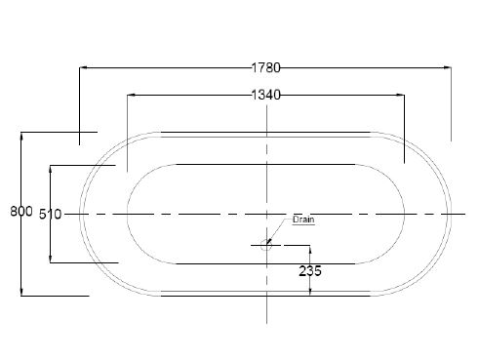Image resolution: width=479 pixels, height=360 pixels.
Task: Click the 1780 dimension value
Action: click(x=265, y=67)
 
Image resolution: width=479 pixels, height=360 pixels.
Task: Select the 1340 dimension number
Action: click(x=265, y=95)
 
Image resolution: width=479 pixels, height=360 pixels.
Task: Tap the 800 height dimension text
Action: click(x=21, y=212)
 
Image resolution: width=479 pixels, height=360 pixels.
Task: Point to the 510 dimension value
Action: click(x=51, y=215)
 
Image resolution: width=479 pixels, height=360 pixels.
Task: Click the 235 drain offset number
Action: click(x=310, y=271)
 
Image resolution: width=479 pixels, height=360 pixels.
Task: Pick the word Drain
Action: click(x=303, y=220)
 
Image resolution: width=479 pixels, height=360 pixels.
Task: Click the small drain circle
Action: click(x=266, y=245)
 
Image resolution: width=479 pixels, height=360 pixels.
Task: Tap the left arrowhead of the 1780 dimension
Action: click(x=83, y=67)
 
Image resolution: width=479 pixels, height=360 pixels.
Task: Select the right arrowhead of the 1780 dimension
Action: click(x=448, y=67)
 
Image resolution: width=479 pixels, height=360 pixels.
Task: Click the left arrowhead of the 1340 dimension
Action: click(x=131, y=95)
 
